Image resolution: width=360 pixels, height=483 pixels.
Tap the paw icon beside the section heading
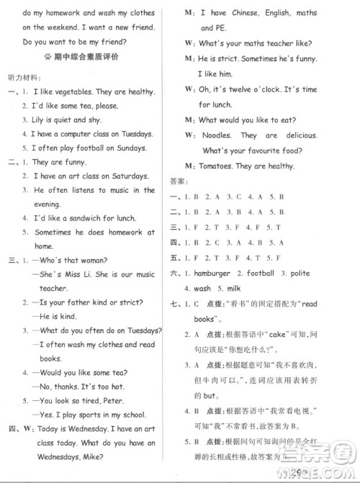click(x=48, y=55)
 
